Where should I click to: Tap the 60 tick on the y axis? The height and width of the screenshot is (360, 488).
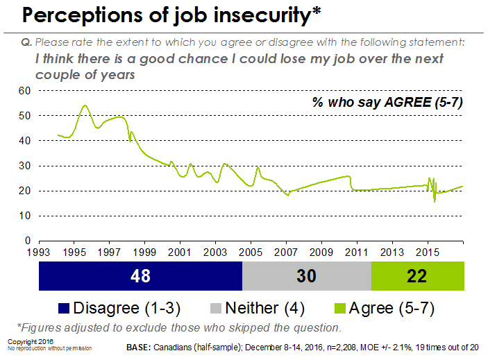(x=24, y=90)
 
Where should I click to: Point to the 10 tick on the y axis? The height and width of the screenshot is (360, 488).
(x=24, y=216)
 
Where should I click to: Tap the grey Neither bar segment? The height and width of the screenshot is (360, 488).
(x=307, y=276)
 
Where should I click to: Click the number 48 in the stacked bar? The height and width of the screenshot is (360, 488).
(x=140, y=276)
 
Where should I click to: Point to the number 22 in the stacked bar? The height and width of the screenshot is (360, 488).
(x=417, y=276)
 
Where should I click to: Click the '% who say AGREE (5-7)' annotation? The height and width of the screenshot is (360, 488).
(x=387, y=103)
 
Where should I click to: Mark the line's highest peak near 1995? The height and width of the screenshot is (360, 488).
(x=85, y=105)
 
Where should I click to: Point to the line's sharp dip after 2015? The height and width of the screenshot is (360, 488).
(x=435, y=201)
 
